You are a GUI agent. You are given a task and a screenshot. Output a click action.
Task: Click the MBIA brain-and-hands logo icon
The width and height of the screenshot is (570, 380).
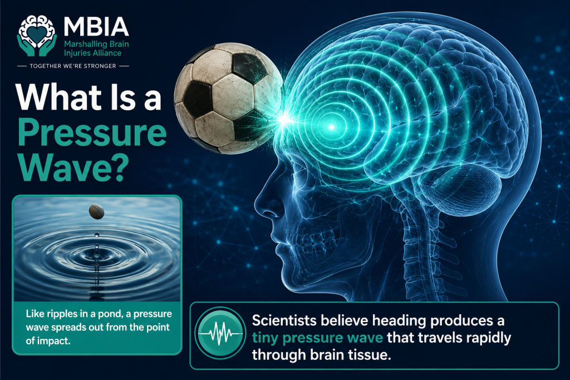[x=37, y=36]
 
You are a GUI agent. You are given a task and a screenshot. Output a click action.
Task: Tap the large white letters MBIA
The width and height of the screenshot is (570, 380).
[x=96, y=26]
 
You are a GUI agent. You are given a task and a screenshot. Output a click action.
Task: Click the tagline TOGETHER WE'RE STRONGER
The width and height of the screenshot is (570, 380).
[x=73, y=66]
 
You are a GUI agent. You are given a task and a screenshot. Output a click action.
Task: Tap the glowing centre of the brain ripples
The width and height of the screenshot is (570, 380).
[x=332, y=127]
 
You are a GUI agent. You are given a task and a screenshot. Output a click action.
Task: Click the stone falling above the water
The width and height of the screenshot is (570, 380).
[x=96, y=211]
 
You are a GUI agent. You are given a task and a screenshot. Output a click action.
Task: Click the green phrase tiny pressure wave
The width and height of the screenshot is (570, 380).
[x=317, y=338]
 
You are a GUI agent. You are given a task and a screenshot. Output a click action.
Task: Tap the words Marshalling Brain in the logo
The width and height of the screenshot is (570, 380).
[x=96, y=45]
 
